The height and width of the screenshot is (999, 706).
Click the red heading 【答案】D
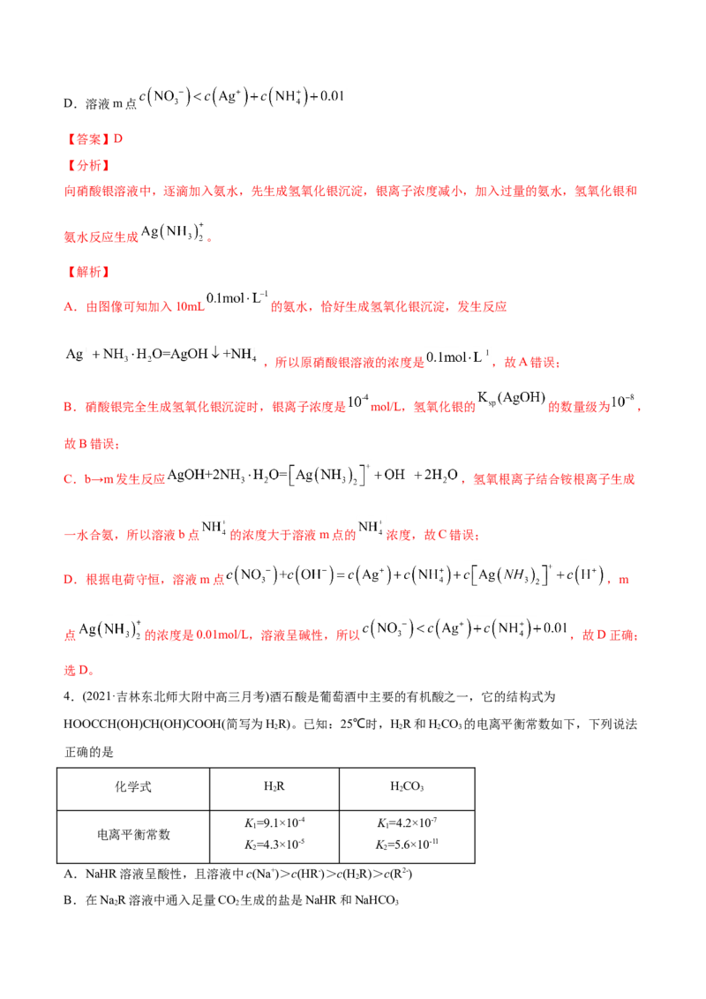[94, 139]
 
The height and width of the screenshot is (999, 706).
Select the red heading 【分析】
[88, 166]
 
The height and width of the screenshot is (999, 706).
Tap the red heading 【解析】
[88, 272]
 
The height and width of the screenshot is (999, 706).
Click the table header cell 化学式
[133, 787]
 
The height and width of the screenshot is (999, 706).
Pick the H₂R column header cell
[274, 787]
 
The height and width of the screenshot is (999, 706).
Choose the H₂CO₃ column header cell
[407, 787]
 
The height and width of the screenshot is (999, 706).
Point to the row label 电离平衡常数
[133, 835]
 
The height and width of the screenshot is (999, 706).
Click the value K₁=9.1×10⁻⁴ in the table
[274, 823]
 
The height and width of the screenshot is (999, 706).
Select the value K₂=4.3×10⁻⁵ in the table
[274, 845]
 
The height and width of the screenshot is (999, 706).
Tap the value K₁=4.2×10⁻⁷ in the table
[407, 823]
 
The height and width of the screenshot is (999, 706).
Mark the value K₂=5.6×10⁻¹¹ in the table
[407, 845]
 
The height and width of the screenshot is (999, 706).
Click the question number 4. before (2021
[70, 697]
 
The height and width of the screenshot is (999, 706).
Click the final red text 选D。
[79, 670]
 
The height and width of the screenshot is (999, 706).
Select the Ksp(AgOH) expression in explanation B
[512, 399]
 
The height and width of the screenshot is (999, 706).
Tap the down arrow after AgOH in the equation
[215, 354]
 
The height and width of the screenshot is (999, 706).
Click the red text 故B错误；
[92, 444]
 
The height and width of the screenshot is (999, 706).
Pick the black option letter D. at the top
[70, 103]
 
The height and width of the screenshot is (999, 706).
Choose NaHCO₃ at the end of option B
[377, 900]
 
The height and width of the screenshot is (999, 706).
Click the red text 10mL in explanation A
[190, 307]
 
